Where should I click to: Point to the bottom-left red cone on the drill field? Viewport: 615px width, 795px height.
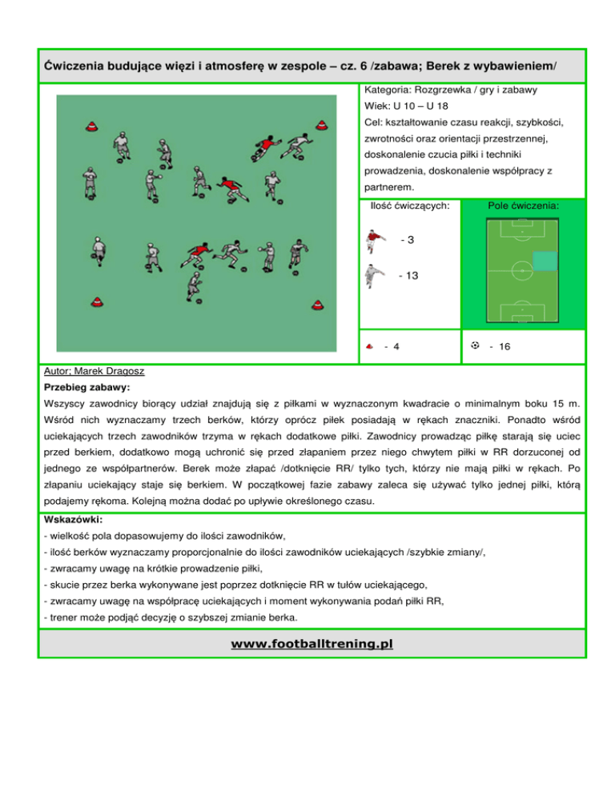[96, 302]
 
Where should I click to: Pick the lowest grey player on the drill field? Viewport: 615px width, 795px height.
[194, 290]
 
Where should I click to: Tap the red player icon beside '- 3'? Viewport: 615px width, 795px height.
[372, 241]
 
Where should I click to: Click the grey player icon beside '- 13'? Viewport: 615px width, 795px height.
[372, 278]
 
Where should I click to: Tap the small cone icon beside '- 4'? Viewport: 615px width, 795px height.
[370, 347]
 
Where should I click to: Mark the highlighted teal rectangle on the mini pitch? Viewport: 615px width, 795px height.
[545, 262]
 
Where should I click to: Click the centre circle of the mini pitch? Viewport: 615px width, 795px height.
[522, 271]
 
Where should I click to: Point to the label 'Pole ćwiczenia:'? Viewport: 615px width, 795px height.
[524, 206]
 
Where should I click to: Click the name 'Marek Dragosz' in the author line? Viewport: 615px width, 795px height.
[109, 372]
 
